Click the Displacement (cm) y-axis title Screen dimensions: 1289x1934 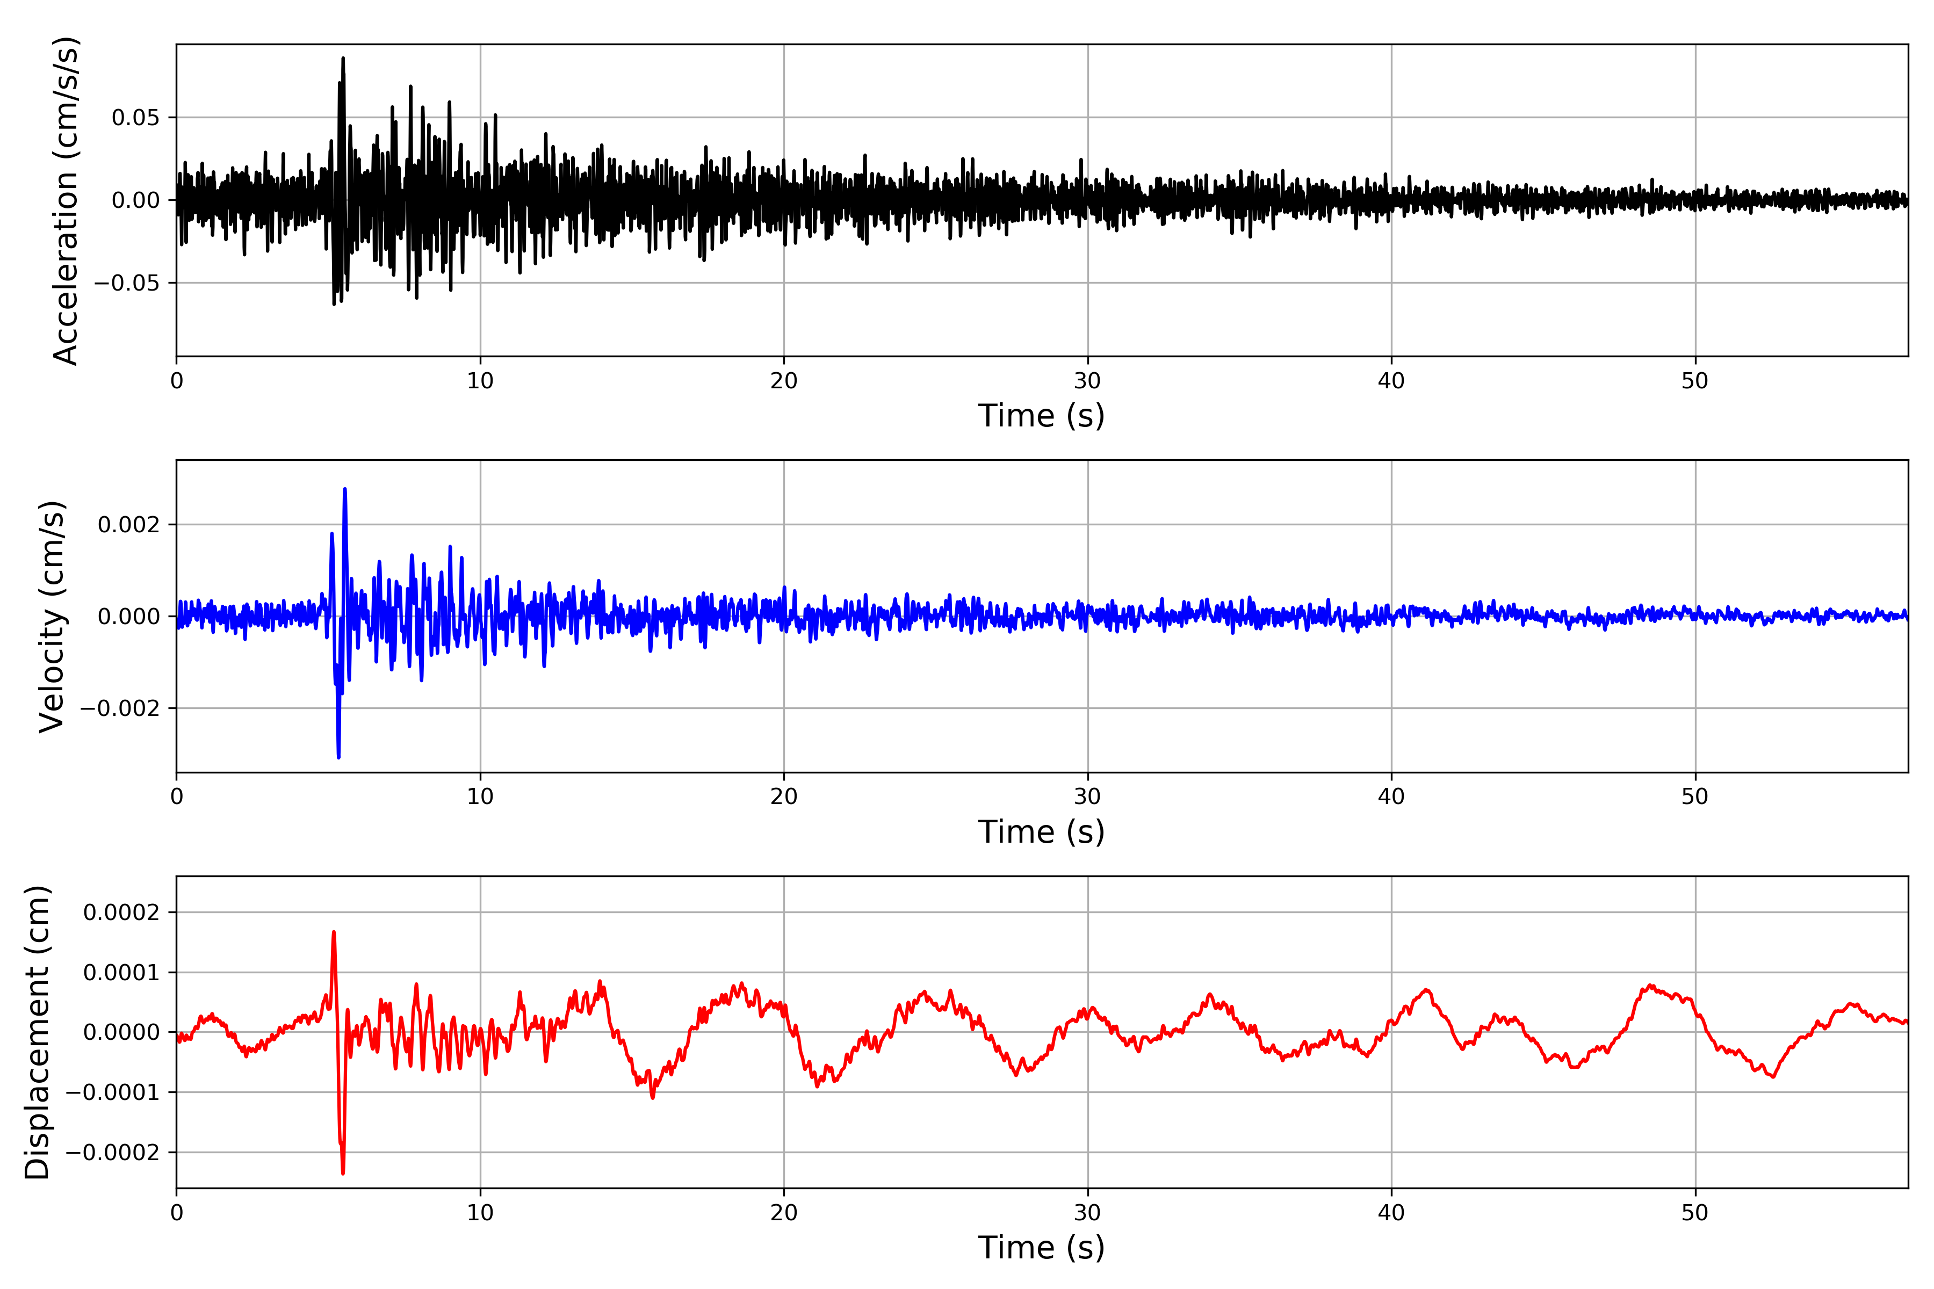(38, 1032)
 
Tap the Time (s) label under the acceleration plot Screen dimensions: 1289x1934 (1041, 416)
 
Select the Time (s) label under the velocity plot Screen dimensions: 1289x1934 (1041, 832)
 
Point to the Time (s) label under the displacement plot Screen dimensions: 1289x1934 (1041, 1248)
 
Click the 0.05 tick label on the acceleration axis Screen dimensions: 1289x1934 (136, 118)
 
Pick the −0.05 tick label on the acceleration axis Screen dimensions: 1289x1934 (127, 283)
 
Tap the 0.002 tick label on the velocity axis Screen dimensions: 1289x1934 (129, 525)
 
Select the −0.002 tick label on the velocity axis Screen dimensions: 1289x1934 (119, 708)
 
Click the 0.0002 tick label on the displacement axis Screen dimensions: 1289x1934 (122, 913)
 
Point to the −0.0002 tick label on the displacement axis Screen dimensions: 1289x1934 (113, 1153)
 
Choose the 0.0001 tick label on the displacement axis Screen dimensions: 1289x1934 (122, 973)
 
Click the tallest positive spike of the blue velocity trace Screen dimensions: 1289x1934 (344, 489)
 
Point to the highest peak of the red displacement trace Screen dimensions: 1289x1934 (334, 932)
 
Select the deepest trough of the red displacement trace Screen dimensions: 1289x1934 (343, 1173)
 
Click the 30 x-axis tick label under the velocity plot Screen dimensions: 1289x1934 (1087, 796)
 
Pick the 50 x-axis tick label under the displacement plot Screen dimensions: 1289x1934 (1695, 1213)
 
